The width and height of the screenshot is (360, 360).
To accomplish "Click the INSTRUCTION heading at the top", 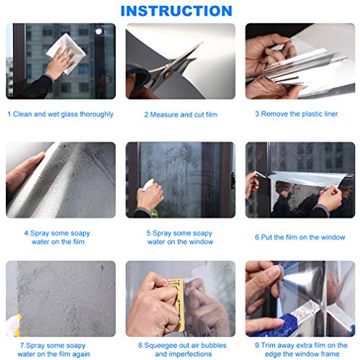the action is [x=176, y=11].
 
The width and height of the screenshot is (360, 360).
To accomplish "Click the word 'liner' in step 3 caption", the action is [x=330, y=114].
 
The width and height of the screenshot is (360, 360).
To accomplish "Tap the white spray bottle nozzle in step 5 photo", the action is [x=148, y=184].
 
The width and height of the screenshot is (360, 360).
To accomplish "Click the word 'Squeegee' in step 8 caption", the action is [x=159, y=346].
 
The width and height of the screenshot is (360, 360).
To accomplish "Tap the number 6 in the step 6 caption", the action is [x=257, y=238].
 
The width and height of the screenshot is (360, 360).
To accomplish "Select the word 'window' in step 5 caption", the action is [x=201, y=242].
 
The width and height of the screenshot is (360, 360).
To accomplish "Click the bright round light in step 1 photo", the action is [x=99, y=31].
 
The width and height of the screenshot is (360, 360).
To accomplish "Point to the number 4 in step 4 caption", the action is [x=26, y=233].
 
